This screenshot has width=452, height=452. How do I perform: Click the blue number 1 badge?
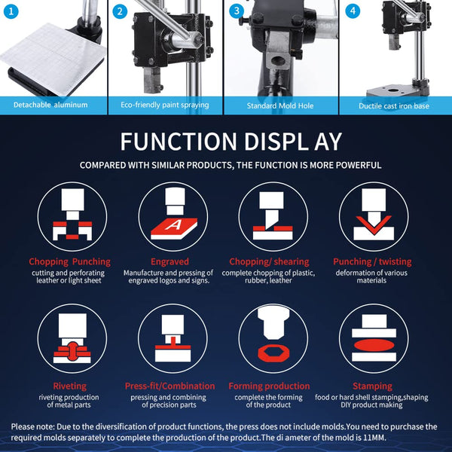(11, 11)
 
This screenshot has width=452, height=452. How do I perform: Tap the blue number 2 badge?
(120, 11)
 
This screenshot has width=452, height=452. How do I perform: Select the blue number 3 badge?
(237, 11)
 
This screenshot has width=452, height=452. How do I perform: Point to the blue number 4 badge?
(353, 11)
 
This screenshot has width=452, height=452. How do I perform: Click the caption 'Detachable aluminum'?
(50, 105)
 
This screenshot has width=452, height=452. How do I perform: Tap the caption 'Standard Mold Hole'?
(280, 105)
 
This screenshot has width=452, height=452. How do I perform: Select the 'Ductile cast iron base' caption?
(394, 106)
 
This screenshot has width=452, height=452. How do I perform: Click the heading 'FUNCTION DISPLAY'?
(231, 142)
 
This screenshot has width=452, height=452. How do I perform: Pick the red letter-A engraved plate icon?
(174, 228)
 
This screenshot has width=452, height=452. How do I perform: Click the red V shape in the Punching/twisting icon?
(374, 224)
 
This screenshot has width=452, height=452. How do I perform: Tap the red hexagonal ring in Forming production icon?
(273, 353)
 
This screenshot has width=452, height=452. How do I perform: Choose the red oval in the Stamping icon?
(374, 345)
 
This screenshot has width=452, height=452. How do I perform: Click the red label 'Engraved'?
(169, 261)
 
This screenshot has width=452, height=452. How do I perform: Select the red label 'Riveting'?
(70, 386)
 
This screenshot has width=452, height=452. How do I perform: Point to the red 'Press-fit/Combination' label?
(169, 386)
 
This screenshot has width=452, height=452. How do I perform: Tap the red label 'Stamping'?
(372, 386)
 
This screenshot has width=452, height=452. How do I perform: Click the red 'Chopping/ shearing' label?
(269, 261)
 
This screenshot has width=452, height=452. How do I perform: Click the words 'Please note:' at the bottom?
(32, 426)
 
